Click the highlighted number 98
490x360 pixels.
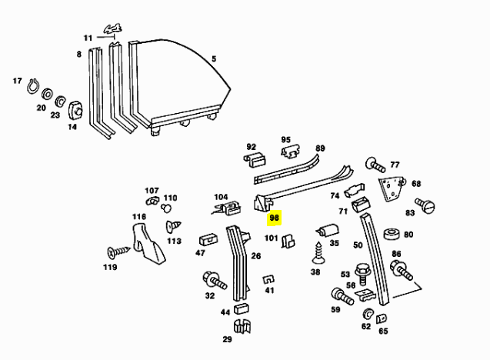click(x=274, y=218)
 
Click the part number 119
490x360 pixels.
click(x=111, y=268)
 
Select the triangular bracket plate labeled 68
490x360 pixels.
click(x=392, y=188)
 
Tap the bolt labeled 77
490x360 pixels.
click(x=375, y=164)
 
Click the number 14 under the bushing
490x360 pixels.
click(x=72, y=126)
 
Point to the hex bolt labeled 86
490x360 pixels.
click(x=401, y=269)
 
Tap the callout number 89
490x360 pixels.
click(x=320, y=148)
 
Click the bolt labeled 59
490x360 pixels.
click(x=338, y=294)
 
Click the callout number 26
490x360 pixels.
click(x=256, y=255)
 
